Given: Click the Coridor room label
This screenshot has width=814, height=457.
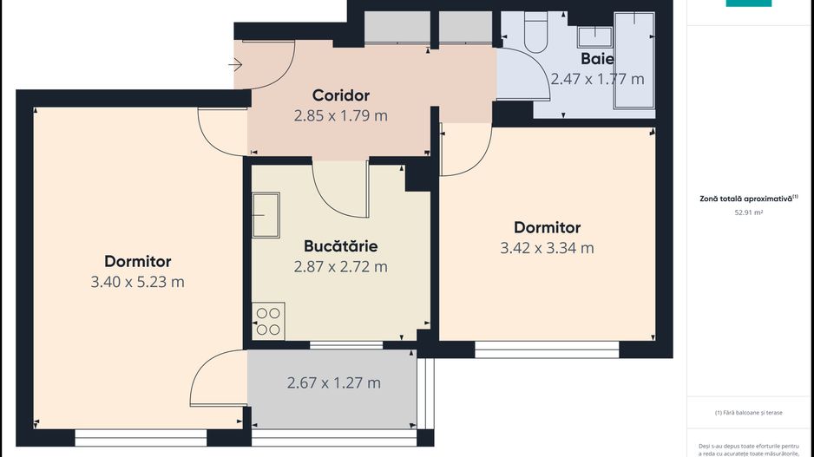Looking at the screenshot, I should point(341,95).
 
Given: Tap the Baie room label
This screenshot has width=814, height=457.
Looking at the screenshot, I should point(597,59).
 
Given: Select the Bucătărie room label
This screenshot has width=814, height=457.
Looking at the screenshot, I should point(341,246).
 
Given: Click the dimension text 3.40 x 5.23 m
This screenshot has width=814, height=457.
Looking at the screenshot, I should point(137,282).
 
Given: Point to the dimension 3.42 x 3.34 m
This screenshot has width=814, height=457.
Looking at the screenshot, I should point(547,248).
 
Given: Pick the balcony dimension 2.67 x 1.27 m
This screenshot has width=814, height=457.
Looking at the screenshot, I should point(333,382).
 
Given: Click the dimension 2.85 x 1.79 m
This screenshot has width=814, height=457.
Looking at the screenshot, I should point(341,115).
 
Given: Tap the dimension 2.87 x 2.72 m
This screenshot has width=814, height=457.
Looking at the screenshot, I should point(341,266).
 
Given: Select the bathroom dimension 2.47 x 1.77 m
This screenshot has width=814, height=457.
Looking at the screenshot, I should point(597,79).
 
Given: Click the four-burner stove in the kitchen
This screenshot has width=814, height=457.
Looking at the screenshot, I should point(267,322).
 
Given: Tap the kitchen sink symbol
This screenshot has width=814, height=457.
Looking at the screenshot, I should point(266,215).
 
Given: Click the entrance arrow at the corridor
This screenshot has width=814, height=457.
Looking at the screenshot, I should point(236,64).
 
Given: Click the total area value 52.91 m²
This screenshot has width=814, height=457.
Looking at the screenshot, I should point(748,211).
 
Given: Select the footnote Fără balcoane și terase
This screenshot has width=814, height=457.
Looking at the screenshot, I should point(748,413).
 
